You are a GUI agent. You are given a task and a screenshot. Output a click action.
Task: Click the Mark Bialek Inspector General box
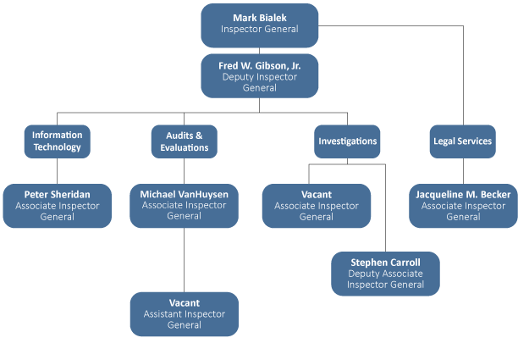click(259, 25)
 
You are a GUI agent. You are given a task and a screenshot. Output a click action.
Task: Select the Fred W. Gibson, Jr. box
click(259, 76)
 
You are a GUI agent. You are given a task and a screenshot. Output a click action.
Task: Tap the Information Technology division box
click(57, 141)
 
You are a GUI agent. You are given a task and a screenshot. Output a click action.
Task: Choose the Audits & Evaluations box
click(184, 141)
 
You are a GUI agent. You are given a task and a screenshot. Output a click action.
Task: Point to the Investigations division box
click(347, 141)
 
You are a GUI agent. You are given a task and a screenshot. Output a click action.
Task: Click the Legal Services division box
click(461, 141)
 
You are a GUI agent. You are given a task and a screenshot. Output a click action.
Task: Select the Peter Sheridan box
click(57, 206)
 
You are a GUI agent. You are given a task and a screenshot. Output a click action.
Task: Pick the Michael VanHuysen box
click(184, 206)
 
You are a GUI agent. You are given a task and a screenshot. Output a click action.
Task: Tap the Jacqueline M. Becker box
click(463, 206)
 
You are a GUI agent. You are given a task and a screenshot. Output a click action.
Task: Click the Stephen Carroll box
click(385, 274)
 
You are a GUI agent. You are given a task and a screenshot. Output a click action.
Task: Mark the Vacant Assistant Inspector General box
click(184, 313)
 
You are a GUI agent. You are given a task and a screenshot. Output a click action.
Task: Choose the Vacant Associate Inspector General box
click(316, 206)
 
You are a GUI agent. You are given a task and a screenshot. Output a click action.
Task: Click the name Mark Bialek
click(259, 18)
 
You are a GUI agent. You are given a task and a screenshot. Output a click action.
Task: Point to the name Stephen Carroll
click(385, 263)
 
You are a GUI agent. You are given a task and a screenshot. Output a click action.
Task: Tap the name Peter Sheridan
click(57, 195)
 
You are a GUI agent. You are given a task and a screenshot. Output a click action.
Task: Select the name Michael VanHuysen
click(184, 195)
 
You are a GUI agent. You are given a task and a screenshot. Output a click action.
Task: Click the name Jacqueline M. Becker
click(463, 195)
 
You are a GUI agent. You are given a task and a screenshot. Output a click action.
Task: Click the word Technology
click(57, 147)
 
